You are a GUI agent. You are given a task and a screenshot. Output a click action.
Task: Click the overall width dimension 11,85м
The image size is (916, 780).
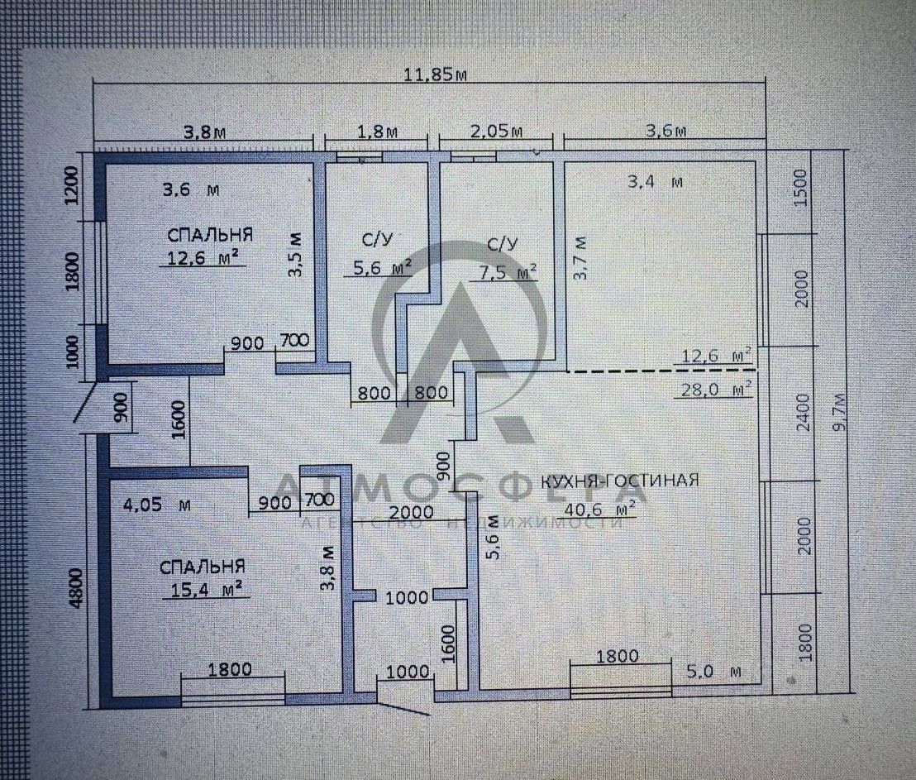point(433,73)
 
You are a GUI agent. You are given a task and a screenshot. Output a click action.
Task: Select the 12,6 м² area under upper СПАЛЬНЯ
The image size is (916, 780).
point(202,257)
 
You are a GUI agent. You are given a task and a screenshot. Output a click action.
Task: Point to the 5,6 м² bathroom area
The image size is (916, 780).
point(377,268)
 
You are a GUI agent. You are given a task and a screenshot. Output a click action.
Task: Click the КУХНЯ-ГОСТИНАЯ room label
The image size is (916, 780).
point(619,480)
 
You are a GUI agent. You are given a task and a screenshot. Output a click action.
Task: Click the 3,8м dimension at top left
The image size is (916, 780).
point(203,131)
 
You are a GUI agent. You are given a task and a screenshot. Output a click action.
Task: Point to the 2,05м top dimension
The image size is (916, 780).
point(496,131)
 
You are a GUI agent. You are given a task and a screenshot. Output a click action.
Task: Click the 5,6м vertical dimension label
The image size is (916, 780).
point(493,538)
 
